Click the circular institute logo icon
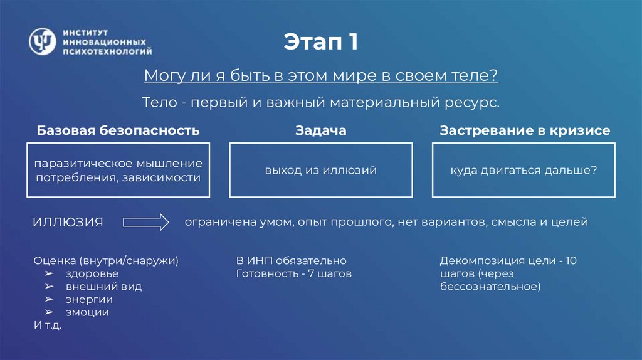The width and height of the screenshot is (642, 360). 42,41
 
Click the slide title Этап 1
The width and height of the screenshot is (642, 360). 320,43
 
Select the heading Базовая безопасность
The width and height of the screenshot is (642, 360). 118,130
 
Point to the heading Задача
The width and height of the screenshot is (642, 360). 320,130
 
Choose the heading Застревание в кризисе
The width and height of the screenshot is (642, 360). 525,130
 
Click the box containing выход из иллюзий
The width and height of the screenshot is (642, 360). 320,170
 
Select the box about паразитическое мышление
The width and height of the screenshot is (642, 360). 118,170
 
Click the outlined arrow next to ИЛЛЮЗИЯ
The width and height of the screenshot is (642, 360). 146,222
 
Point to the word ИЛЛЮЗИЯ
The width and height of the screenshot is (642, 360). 68,223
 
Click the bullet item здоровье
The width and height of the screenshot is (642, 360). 91,273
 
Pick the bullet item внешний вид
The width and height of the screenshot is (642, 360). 102,286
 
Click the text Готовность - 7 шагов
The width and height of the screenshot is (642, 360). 293,273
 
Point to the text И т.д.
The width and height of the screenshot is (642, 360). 47,325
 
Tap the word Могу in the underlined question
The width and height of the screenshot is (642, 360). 161,76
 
